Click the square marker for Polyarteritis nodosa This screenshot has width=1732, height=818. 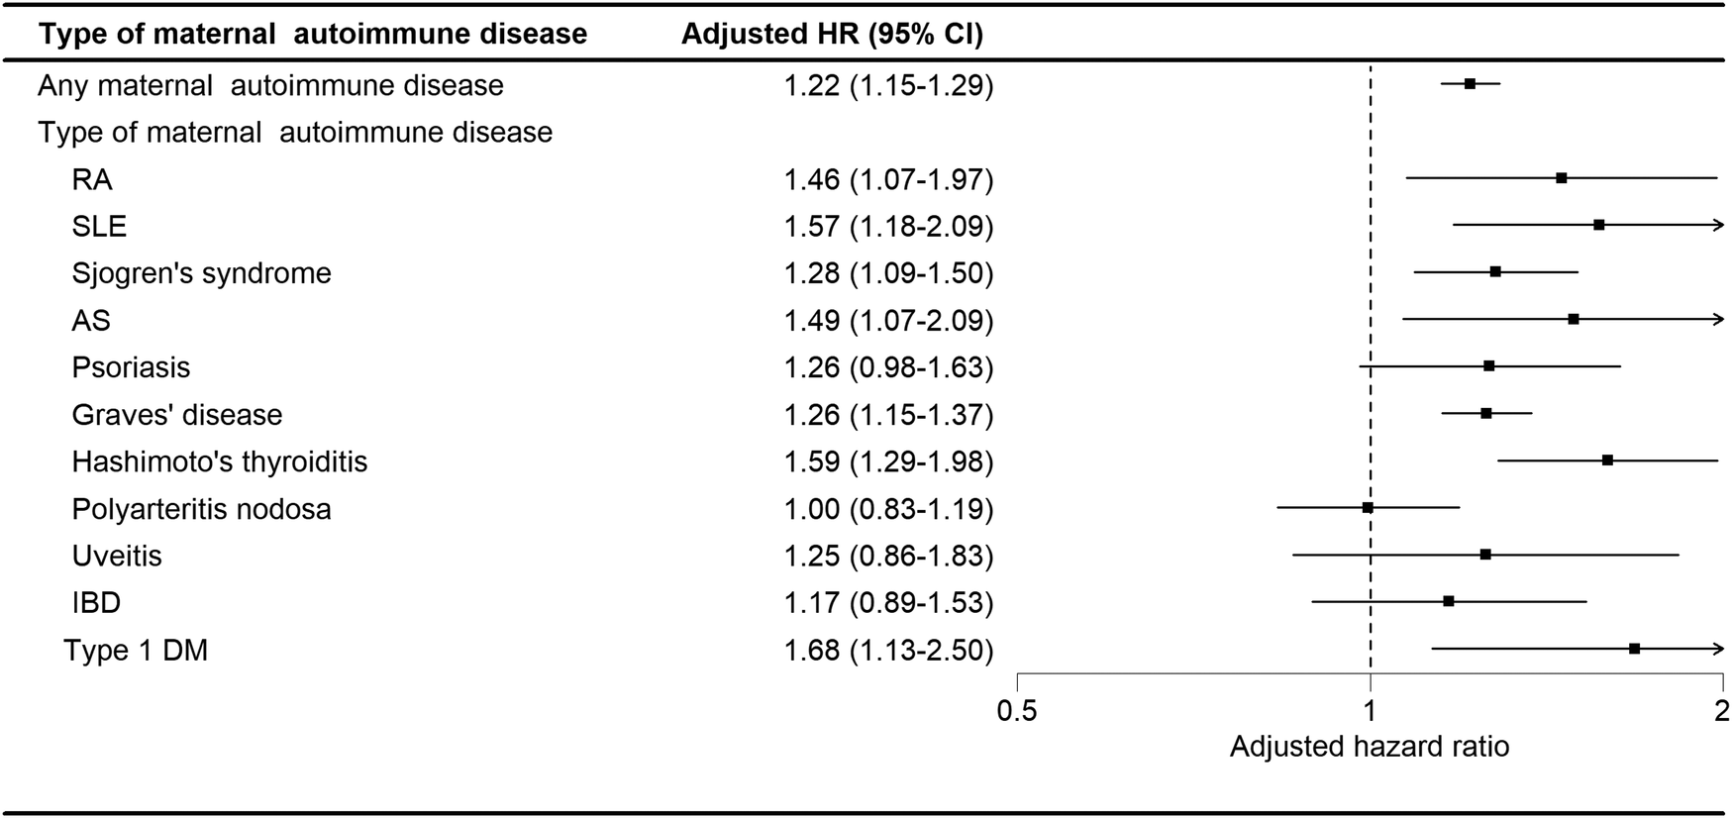[x=1368, y=507]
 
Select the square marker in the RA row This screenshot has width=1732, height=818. [x=1562, y=178]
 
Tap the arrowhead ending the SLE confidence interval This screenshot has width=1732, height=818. [x=1719, y=225]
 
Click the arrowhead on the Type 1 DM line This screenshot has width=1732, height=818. [x=1719, y=649]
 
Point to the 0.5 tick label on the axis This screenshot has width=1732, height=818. [x=1017, y=710]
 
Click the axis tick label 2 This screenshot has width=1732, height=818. [x=1722, y=710]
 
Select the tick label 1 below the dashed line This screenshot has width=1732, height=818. [x=1370, y=710]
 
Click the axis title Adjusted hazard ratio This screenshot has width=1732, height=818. [x=1370, y=746]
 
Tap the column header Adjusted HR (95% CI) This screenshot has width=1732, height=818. [x=832, y=34]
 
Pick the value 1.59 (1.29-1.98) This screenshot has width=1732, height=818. [x=888, y=461]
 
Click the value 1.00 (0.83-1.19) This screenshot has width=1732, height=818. [x=888, y=509]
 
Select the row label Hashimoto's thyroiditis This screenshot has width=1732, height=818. [x=219, y=461]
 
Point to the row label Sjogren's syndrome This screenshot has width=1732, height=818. [x=201, y=273]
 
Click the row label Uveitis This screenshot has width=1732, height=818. [x=117, y=556]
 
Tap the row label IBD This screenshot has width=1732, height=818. [x=96, y=603]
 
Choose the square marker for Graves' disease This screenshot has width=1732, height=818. [x=1486, y=413]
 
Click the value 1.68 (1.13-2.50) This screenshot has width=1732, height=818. [x=888, y=650]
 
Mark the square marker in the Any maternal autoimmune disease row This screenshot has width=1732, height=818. [x=1471, y=84]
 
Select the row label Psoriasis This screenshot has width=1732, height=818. [x=131, y=367]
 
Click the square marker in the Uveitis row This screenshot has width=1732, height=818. [x=1485, y=555]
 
